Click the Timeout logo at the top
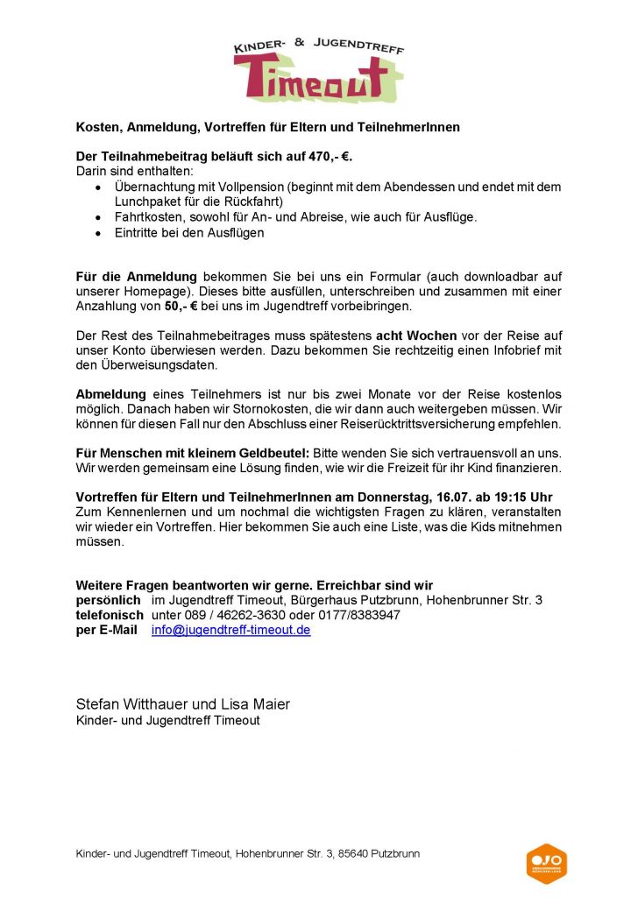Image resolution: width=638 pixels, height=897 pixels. tap(319, 70)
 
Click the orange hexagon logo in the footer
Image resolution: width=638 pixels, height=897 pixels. tap(546, 864)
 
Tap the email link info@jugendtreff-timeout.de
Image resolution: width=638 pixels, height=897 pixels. tap(230, 630)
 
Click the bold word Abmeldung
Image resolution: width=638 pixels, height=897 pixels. tap(111, 394)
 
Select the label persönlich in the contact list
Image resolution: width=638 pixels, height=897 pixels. tap(108, 600)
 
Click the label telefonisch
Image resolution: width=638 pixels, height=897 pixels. tap(110, 615)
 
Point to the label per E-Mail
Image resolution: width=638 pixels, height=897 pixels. tap(106, 630)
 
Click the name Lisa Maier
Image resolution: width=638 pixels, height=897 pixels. tap(258, 704)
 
